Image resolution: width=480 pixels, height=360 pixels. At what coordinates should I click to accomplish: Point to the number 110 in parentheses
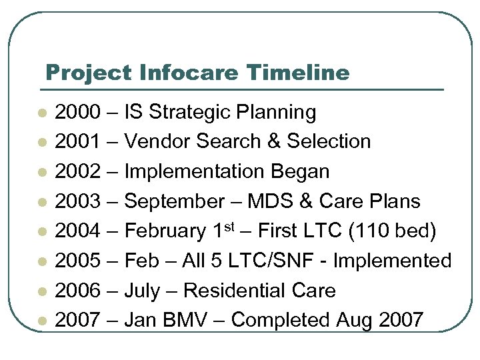pyautogui.click(x=371, y=231)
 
